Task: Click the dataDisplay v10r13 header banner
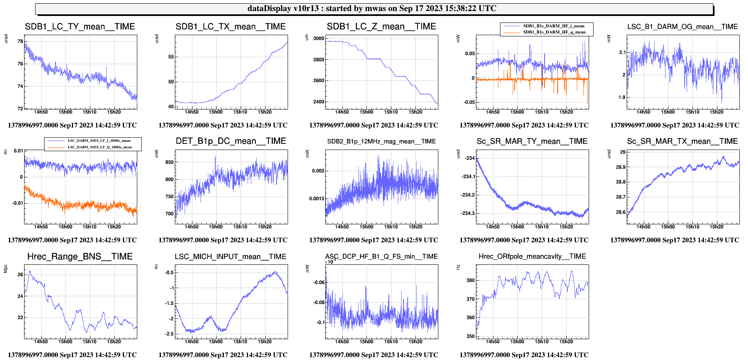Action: pyautogui.click(x=374, y=9)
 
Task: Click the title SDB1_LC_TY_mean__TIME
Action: pyautogui.click(x=80, y=27)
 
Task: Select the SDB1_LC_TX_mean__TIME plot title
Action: pyautogui.click(x=230, y=27)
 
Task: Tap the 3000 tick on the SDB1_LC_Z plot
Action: pyautogui.click(x=319, y=38)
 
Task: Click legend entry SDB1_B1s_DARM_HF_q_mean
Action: pyautogui.click(x=554, y=32)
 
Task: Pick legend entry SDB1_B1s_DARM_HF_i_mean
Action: pyautogui.click(x=554, y=26)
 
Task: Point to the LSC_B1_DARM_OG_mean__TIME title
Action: pyautogui.click(x=682, y=27)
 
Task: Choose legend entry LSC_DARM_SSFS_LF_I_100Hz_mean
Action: pyautogui.click(x=99, y=141)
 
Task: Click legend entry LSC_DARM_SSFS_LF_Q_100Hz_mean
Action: pyautogui.click(x=100, y=147)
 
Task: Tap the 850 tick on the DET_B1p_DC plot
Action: pyautogui.click(x=169, y=162)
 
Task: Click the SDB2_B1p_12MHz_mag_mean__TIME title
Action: pyautogui.click(x=381, y=141)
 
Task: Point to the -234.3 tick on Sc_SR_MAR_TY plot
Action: pyautogui.click(x=468, y=213)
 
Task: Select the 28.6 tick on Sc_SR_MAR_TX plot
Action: pyautogui.click(x=621, y=212)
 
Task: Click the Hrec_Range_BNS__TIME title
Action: pyautogui.click(x=80, y=257)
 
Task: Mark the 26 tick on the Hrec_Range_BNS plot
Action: pyautogui.click(x=20, y=275)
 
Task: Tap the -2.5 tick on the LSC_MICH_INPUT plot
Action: pyautogui.click(x=169, y=334)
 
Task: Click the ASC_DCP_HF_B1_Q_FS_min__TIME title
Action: pyautogui.click(x=381, y=257)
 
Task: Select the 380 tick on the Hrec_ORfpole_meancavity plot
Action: pyautogui.click(x=471, y=280)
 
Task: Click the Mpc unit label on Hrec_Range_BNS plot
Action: pyautogui.click(x=6, y=268)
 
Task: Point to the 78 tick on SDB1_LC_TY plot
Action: pyautogui.click(x=20, y=41)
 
